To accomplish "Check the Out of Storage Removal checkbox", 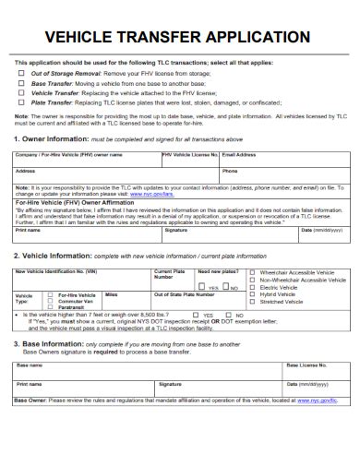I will coord(22,72).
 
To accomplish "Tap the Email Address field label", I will coord(240,155).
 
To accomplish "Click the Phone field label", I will coord(230,171).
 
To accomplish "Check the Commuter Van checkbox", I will coord(53,301).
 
